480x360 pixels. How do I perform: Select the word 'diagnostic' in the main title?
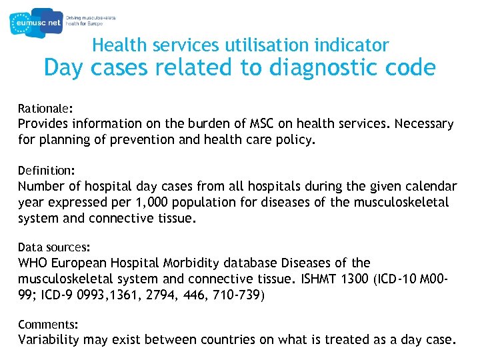tap(313, 68)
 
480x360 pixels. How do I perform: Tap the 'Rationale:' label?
tap(45, 107)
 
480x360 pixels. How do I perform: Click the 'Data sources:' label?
tap(53, 247)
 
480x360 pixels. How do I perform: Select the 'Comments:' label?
tap(48, 325)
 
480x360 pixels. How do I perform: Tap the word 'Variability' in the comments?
tap(49, 340)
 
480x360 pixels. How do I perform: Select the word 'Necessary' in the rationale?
tap(426, 124)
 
